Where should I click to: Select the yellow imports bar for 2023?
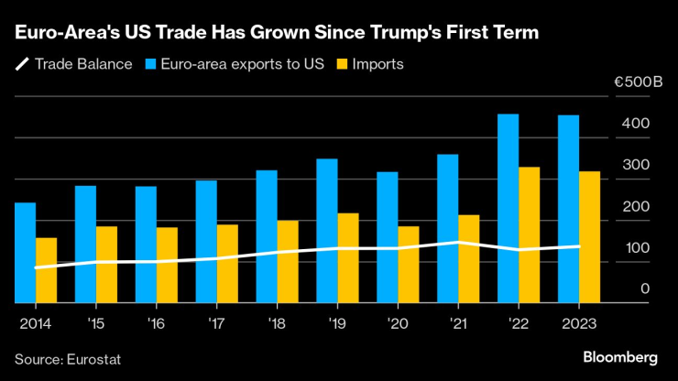coord(589,237)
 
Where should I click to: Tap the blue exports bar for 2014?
coord(26,253)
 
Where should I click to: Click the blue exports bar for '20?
coord(387,237)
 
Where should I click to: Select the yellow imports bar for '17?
coord(227,264)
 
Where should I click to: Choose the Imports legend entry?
coord(370,64)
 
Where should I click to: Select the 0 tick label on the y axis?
coord(644,289)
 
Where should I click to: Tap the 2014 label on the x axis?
coord(34,323)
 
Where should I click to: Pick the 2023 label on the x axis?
coord(580,323)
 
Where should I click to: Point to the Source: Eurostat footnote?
coord(68,358)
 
